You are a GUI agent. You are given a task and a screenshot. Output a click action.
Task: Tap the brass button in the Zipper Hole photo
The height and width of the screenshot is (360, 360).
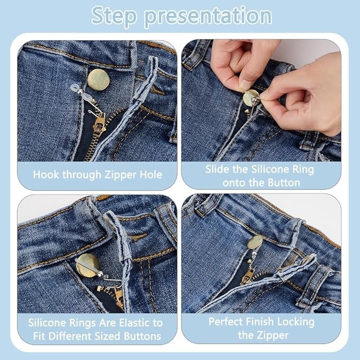pos(99,80)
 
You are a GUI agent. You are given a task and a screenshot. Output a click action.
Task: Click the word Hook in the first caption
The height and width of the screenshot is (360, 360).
pos(46,174)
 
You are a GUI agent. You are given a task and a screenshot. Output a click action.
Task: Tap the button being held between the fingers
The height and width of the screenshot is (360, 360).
pos(250,98)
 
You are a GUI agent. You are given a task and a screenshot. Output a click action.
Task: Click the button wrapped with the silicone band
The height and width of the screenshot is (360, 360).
pos(88,265)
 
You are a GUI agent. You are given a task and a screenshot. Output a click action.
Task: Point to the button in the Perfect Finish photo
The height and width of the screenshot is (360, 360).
pos(255,242)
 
